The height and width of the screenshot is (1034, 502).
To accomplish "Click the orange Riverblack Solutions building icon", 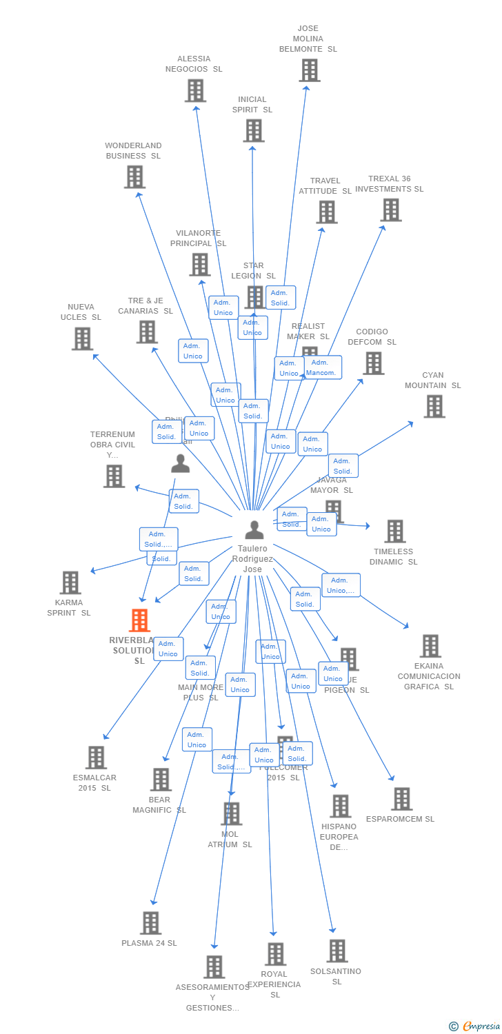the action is [139, 620].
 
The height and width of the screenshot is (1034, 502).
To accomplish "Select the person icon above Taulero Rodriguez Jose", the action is [254, 529].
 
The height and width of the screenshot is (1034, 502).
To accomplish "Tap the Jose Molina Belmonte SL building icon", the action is [310, 70].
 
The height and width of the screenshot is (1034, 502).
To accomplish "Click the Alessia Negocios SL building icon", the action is [195, 90].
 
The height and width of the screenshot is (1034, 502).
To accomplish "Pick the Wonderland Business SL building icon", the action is [134, 177].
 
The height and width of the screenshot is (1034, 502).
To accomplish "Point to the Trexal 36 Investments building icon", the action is [390, 210].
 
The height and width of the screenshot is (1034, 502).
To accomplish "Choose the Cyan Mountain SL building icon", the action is [434, 407].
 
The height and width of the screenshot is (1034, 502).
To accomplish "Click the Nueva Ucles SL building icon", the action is [82, 338].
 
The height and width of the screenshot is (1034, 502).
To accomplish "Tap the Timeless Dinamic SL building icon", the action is [395, 531].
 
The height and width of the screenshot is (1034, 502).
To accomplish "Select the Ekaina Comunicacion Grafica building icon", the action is [430, 646].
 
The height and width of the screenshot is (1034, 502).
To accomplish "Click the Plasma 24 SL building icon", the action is [150, 923].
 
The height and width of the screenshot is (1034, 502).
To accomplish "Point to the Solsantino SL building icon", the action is [337, 951].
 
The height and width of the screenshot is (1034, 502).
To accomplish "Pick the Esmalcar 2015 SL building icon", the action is [96, 758].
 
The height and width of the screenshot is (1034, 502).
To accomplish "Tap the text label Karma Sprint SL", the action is [69, 607].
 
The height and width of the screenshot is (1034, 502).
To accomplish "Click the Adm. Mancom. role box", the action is [321, 367].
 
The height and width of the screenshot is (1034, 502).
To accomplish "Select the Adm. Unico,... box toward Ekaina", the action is [341, 585].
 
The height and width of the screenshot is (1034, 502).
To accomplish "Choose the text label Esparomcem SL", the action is [401, 819].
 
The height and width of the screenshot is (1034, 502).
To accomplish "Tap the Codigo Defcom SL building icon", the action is [373, 363].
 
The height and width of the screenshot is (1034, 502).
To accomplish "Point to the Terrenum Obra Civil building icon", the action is [114, 476].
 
